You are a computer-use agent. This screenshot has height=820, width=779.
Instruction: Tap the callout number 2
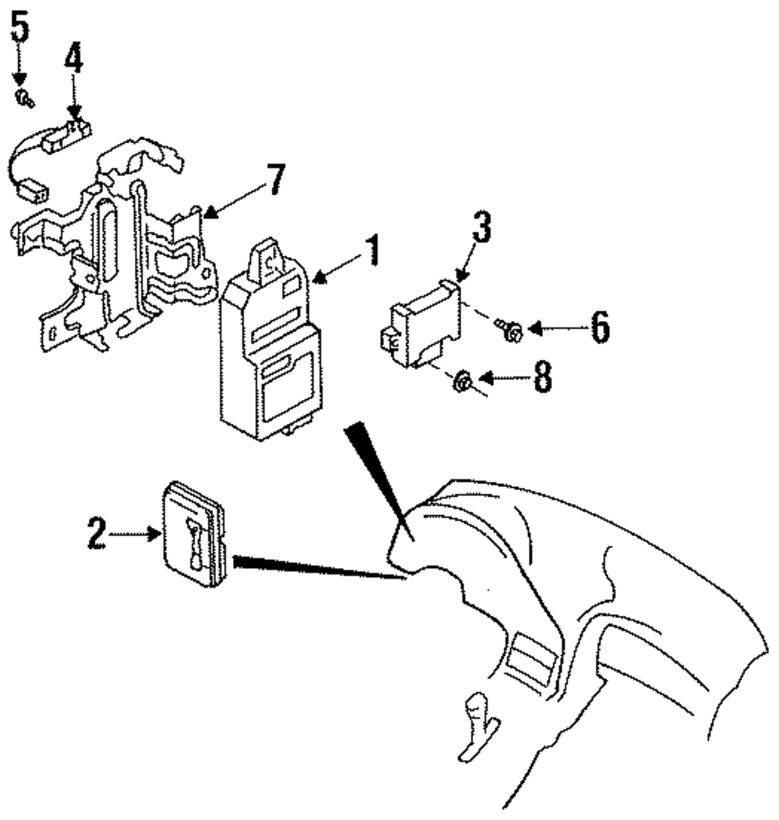click(96, 534)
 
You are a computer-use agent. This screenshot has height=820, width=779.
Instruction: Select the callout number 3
click(482, 228)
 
